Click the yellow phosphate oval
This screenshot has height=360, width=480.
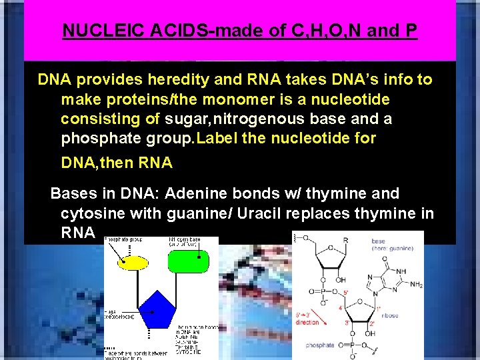(x=133, y=261)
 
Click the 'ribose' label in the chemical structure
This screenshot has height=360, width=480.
(x=390, y=315)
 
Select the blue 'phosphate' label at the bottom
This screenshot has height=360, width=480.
(x=321, y=345)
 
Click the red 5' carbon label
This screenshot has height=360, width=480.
(x=345, y=293)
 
